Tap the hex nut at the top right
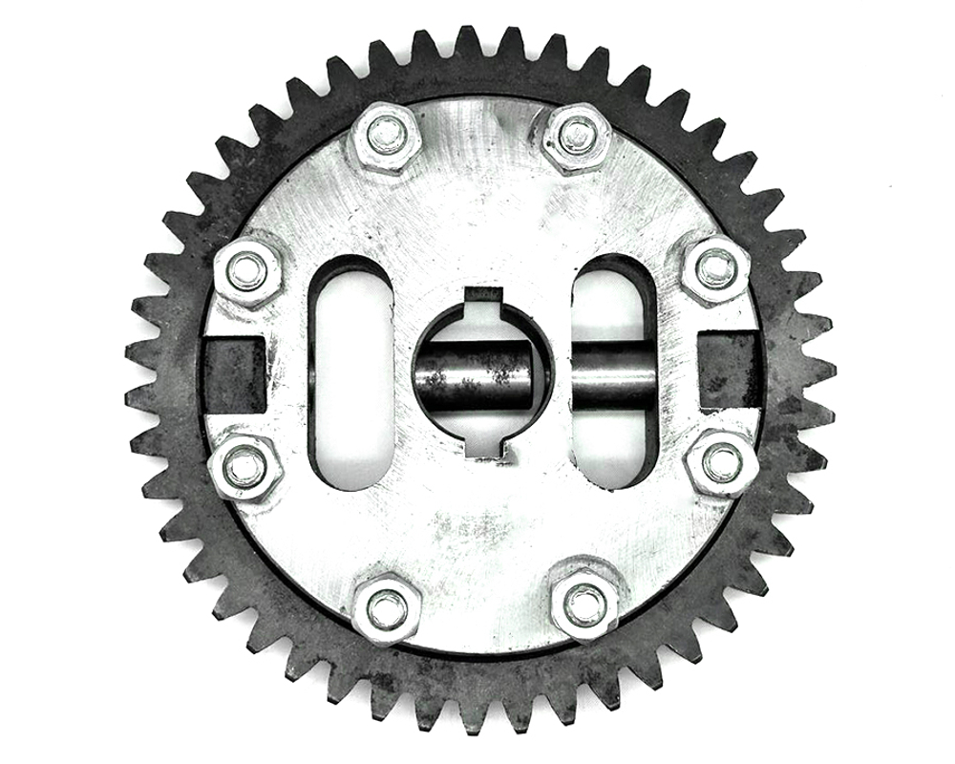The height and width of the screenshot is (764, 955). [x=576, y=137]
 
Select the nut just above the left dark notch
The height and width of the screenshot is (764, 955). [x=247, y=270]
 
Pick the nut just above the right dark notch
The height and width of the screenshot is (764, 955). [x=715, y=268]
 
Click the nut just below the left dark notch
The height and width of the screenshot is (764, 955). [x=244, y=467]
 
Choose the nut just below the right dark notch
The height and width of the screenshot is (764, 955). [x=721, y=463]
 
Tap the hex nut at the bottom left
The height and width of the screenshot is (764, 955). [x=386, y=607]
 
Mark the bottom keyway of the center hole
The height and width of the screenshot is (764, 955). [x=485, y=446]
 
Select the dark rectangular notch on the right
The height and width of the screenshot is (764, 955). [x=730, y=368]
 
